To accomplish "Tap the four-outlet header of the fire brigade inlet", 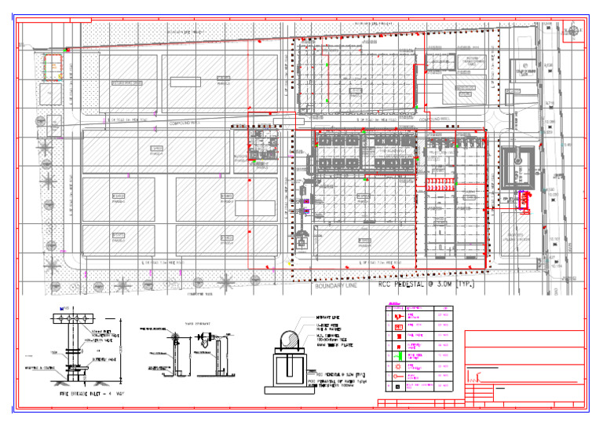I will point(68,317).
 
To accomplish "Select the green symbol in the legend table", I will point(399,365).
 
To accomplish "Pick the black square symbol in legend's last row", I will point(399,387).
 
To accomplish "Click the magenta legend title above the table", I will point(395,304).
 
